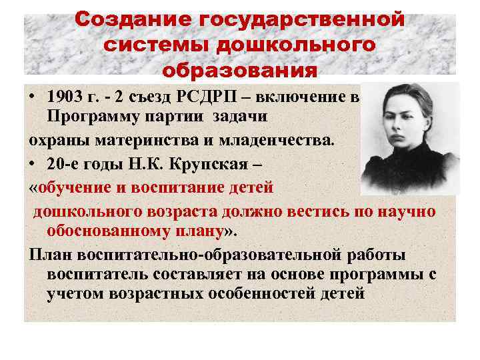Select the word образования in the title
(239, 70)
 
